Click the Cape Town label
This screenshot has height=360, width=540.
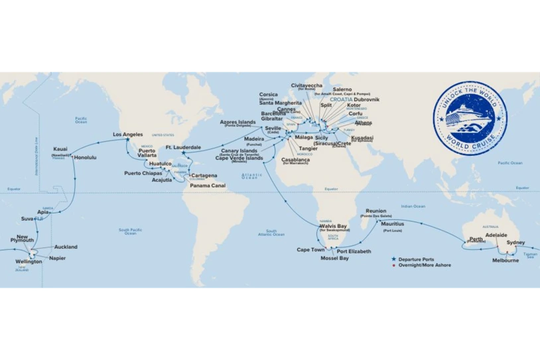point(310,250)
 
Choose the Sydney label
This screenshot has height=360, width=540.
point(515,243)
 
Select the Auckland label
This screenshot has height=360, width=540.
point(66,247)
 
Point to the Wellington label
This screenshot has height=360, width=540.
point(30,261)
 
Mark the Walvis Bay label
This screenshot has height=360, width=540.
point(333,226)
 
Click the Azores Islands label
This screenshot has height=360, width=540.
point(237,122)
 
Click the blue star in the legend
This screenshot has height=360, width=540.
point(393,259)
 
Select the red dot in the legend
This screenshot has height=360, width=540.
point(393,265)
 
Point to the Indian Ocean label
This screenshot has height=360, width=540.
point(412,206)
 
